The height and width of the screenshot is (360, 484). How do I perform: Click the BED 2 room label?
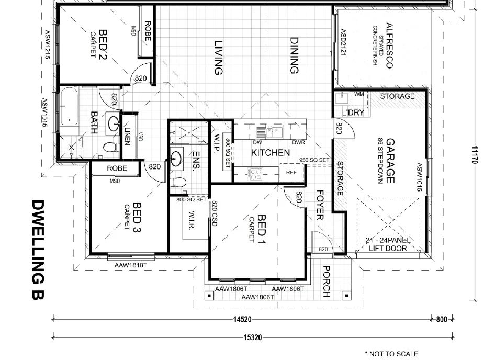click(103, 45)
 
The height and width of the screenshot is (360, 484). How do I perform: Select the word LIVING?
click(219, 58)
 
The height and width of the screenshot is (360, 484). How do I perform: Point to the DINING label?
click(294, 55)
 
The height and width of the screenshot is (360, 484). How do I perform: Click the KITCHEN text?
click(271, 153)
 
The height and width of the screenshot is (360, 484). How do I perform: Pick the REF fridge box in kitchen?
click(291, 172)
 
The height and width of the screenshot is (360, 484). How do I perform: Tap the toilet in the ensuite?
click(178, 183)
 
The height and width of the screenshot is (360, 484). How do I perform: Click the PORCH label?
click(326, 282)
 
